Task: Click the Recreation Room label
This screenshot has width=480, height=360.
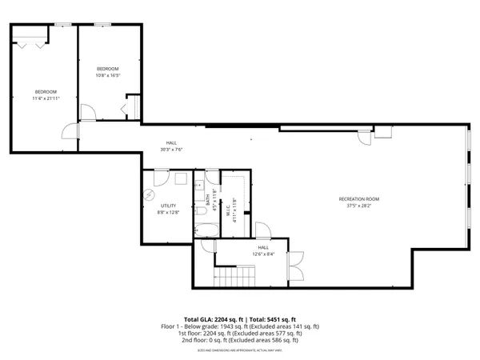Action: click(358, 198)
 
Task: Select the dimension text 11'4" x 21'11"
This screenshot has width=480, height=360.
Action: click(46, 98)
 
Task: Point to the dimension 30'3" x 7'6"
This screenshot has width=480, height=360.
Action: click(172, 149)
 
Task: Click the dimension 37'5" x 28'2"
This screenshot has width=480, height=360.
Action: click(358, 204)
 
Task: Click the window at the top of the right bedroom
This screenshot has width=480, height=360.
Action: click(102, 24)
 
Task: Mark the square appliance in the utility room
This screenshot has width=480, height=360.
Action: click(181, 180)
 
